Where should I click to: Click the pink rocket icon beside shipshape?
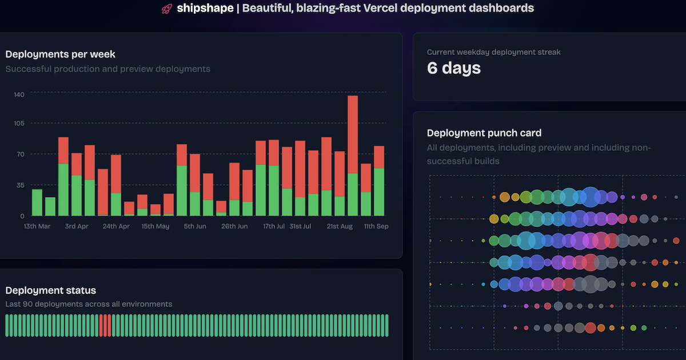click(x=167, y=9)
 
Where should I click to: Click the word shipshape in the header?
click(x=205, y=9)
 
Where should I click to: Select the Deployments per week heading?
click(x=60, y=54)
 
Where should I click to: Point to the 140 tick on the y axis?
click(x=19, y=94)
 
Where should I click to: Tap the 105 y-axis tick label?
click(x=19, y=123)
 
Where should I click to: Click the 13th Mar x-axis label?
click(x=38, y=226)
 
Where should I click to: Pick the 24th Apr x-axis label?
click(x=117, y=226)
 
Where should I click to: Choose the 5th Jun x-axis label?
click(x=195, y=226)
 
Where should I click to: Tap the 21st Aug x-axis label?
click(x=340, y=226)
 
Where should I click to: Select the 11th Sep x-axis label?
click(x=376, y=226)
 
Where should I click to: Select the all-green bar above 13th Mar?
click(x=37, y=202)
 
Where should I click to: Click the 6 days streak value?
click(x=454, y=69)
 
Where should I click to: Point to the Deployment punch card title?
click(x=484, y=133)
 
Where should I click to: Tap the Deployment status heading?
click(x=51, y=291)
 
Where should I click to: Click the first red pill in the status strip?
click(x=101, y=325)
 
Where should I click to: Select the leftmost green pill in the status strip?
click(x=7, y=325)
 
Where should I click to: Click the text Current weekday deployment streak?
click(x=493, y=52)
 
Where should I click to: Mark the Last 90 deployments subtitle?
click(x=89, y=304)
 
